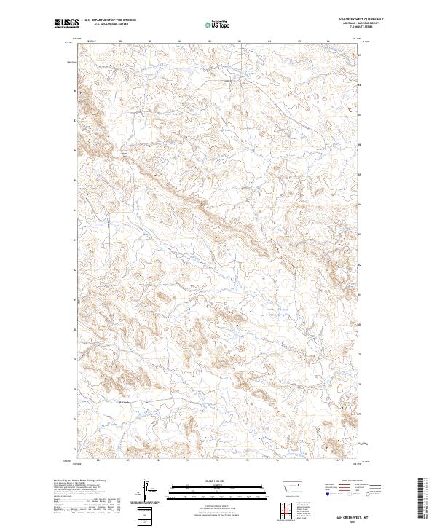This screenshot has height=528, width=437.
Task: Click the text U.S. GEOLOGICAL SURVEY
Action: click(110, 24)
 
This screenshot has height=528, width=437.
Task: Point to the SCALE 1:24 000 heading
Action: click(218, 481)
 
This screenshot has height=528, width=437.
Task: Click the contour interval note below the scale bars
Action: click(218, 505)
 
